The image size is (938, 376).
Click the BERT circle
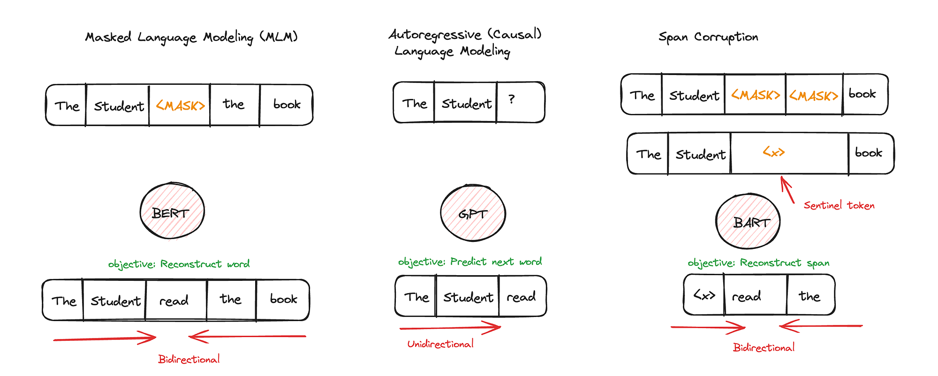(172, 211)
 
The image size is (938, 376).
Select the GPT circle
(473, 213)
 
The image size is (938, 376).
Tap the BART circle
(748, 221)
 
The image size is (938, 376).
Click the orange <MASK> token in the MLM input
(180, 105)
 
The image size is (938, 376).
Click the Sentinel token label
(839, 205)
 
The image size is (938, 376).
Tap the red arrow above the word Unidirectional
(450, 328)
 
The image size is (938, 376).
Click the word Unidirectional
(440, 344)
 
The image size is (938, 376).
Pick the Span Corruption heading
(708, 37)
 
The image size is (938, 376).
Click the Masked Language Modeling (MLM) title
(191, 37)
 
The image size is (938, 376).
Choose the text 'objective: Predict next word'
(470, 262)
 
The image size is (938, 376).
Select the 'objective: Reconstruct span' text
(758, 263)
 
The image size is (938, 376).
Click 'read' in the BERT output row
(174, 301)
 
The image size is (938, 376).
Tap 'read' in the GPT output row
(521, 297)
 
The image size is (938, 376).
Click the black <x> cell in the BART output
(704, 295)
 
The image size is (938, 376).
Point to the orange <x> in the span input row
(773, 152)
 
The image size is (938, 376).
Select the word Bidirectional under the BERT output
(189, 360)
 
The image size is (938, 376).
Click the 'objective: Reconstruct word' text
(179, 264)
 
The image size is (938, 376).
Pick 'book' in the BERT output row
(283, 299)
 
